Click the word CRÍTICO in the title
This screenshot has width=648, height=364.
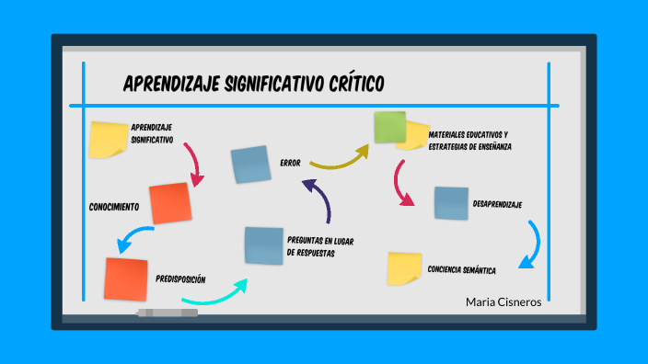click(x=354, y=85)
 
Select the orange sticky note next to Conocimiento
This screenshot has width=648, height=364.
click(x=170, y=203)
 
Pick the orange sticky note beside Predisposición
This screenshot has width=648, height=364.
click(x=126, y=279)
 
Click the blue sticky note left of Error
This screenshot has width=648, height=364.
click(x=250, y=165)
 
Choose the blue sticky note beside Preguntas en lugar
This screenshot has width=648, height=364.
click(x=263, y=245)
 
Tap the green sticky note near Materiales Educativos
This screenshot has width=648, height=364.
click(x=389, y=127)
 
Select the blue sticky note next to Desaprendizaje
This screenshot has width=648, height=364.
click(x=451, y=203)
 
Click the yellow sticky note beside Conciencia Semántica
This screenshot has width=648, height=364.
click(x=404, y=268)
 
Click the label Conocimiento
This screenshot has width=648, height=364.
click(x=114, y=206)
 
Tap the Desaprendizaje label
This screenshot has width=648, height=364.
click(x=497, y=203)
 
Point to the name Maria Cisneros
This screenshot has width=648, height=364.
click(x=503, y=301)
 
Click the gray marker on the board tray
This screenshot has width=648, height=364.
click(x=167, y=313)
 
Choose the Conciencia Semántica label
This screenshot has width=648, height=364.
click(x=462, y=270)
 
